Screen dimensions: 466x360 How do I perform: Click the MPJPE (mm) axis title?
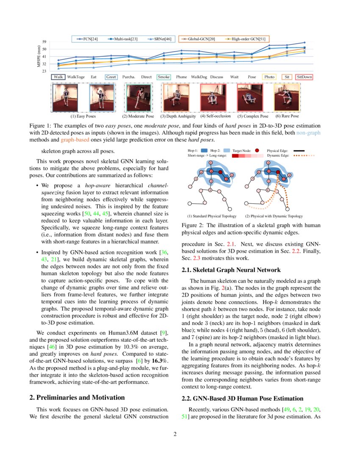coord(39,56)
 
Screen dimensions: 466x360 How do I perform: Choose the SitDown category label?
coord(305,77)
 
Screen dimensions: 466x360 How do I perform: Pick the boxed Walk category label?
coord(58,77)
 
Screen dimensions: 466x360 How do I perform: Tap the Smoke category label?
coord(163,77)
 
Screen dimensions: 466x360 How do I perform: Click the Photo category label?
coord(269,77)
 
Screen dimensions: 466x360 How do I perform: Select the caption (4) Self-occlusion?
coord(216,116)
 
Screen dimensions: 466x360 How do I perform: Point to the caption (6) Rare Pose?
coord(287,116)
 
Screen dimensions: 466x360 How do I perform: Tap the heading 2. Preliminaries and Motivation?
coord(77,397)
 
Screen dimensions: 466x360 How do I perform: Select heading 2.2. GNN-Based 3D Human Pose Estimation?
coord(242,398)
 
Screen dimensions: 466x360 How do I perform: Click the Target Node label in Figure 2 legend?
coord(242,150)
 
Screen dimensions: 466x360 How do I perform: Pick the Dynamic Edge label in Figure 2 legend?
coord(278,155)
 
